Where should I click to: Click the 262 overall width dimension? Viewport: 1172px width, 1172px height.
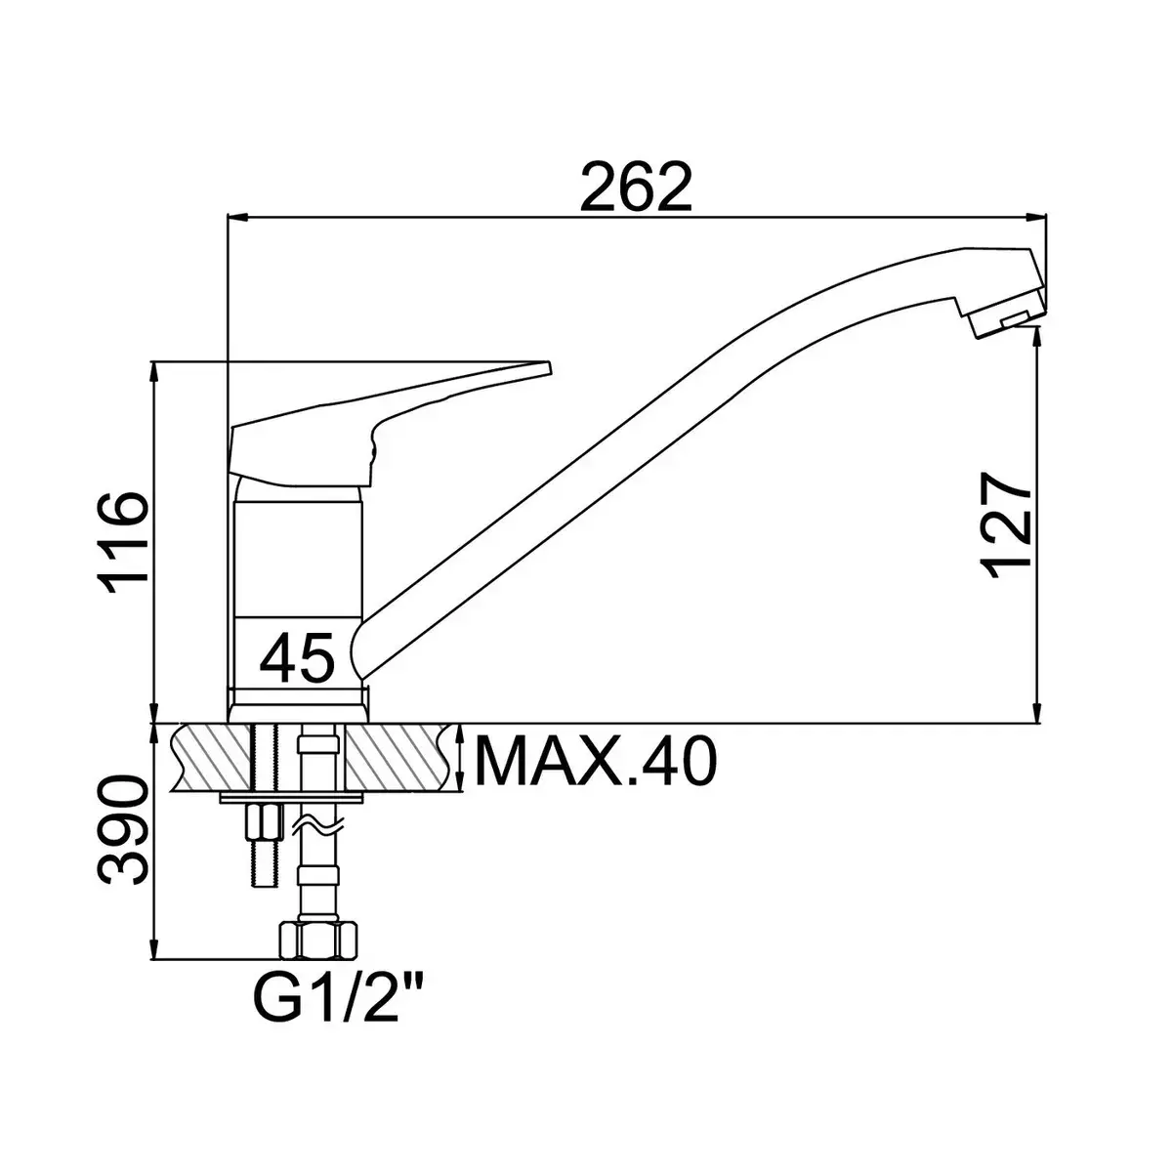pyautogui.click(x=636, y=187)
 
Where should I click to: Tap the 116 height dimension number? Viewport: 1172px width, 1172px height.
pyautogui.click(x=123, y=542)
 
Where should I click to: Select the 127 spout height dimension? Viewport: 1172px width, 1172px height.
pyautogui.click(x=1007, y=524)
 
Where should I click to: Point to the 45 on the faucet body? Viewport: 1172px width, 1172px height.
pyautogui.click(x=297, y=658)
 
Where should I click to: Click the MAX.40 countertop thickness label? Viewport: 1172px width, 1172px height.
pyautogui.click(x=596, y=762)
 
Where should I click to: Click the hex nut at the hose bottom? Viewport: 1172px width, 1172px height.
pyautogui.click(x=317, y=941)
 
